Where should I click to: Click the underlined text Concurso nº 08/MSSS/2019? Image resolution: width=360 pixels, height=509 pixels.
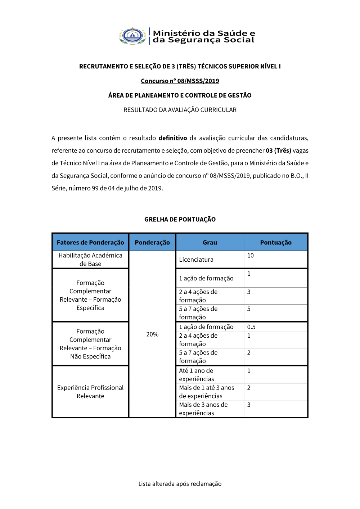180,81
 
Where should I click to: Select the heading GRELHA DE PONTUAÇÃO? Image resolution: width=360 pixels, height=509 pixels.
180,220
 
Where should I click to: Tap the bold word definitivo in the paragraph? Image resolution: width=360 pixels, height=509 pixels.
173,138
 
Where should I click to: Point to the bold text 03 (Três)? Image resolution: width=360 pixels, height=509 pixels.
278,150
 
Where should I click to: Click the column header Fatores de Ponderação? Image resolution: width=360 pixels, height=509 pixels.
90,243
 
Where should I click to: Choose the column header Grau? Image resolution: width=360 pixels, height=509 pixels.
210,243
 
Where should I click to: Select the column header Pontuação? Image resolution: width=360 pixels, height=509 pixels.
276,243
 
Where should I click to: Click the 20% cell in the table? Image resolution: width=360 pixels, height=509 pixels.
152,334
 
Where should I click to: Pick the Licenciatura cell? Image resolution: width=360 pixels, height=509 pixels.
196,260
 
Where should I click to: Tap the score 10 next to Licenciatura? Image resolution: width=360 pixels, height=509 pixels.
251,256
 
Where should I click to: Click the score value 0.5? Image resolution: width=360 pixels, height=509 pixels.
251,327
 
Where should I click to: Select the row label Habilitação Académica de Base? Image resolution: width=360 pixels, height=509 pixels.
90,260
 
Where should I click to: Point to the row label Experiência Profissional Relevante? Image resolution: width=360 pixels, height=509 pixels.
90,392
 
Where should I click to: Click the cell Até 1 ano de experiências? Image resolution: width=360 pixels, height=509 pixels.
196,375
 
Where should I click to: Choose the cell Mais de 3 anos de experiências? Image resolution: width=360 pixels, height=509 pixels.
203,409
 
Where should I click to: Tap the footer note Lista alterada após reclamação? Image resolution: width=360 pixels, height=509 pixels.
180,484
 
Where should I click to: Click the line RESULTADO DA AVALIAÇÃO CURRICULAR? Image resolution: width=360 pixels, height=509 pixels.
180,110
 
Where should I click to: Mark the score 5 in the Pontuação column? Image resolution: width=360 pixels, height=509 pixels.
249,309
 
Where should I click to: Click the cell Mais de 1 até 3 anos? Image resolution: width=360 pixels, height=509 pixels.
207,392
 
